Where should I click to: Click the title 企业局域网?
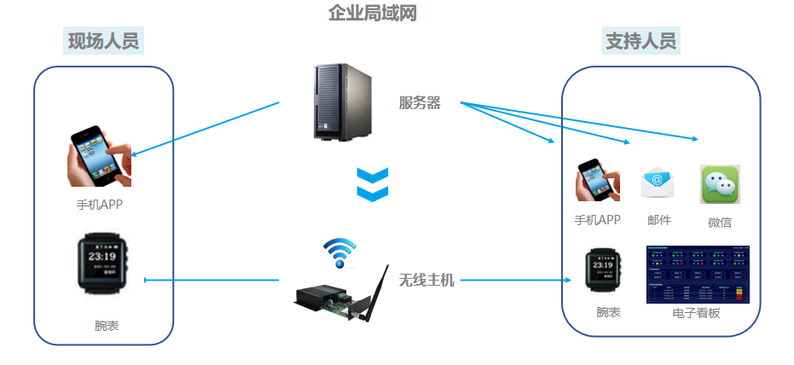[x=373, y=13]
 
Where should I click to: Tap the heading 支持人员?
[x=640, y=41]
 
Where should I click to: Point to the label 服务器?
[x=420, y=103]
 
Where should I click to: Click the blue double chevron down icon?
[x=372, y=183]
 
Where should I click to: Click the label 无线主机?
[x=426, y=280]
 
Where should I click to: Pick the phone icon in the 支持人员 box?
[x=597, y=180]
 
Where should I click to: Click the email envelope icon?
[x=658, y=181]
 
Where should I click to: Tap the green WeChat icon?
[x=720, y=184]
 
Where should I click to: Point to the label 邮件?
[x=659, y=220]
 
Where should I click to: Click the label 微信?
[x=720, y=223]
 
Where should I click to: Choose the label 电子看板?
[x=697, y=313]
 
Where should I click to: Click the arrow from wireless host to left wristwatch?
[x=213, y=280]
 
